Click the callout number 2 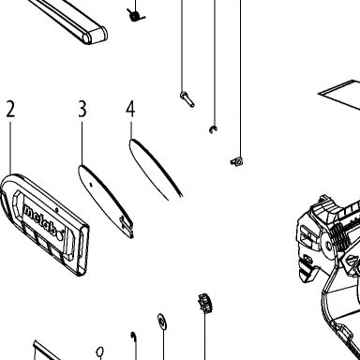pyautogui.click(x=10, y=109)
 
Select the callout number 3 pyautogui.click(x=82, y=109)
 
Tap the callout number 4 pyautogui.click(x=130, y=109)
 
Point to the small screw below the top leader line pyautogui.click(x=187, y=99)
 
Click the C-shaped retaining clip pyautogui.click(x=214, y=129)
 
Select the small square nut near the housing pyautogui.click(x=237, y=161)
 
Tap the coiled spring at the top pyautogui.click(x=136, y=15)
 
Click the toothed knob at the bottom pyautogui.click(x=205, y=304)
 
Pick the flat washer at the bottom pyautogui.click(x=162, y=322)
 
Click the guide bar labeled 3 pyautogui.click(x=106, y=201)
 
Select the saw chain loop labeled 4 pyautogui.click(x=156, y=169)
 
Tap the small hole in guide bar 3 pyautogui.click(x=91, y=185)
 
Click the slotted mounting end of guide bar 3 pyautogui.click(x=127, y=227)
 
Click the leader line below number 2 pyautogui.click(x=10, y=148)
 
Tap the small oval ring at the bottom pyautogui.click(x=99, y=352)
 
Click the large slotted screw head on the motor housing pyautogui.click(x=352, y=260)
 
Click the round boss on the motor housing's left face pyautogui.click(x=328, y=247)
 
